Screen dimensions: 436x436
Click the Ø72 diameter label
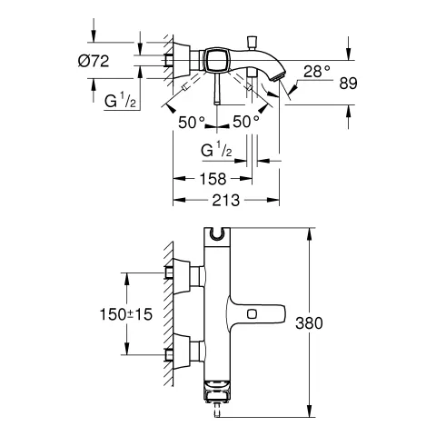point(94,61)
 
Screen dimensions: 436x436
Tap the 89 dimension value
point(348,83)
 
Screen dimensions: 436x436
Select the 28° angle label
point(317,72)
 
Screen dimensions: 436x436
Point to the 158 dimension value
point(213,179)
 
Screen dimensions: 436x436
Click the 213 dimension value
point(226,200)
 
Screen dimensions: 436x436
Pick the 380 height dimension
point(309,323)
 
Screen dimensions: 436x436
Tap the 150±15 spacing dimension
point(126,314)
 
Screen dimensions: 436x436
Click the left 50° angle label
point(192,122)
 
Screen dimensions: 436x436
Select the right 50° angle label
point(246,122)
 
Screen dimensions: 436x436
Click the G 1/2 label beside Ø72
point(120,100)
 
